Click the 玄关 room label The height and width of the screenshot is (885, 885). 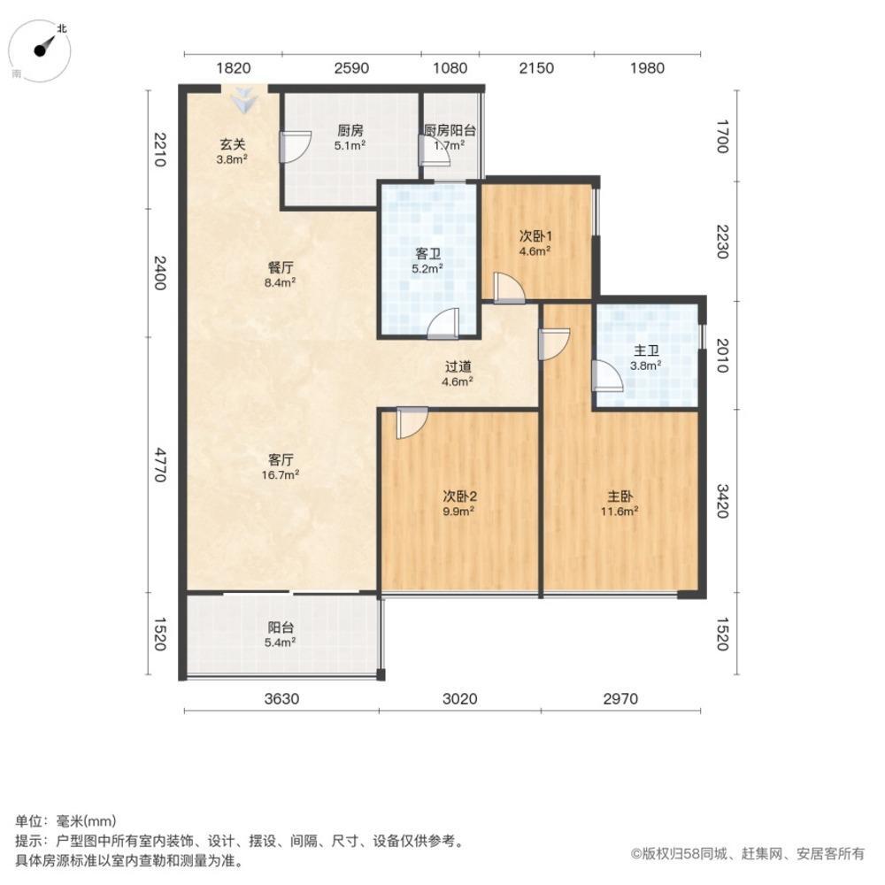[232, 144]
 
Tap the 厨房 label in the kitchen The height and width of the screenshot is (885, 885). [350, 130]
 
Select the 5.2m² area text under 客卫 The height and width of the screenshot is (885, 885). [427, 269]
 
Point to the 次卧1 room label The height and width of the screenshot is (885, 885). [535, 236]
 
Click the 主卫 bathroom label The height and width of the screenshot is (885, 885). [646, 350]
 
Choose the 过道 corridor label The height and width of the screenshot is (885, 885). [458, 367]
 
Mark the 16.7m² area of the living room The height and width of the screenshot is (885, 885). [280, 474]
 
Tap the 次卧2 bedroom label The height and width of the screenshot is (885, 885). [459, 496]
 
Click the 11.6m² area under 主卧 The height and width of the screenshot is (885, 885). [619, 512]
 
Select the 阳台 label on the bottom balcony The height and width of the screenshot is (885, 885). [281, 627]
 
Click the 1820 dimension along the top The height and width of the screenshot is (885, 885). [233, 68]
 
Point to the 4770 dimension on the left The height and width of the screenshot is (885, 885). [160, 465]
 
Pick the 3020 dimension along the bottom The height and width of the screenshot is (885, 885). [459, 699]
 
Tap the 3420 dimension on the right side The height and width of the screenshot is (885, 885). [722, 501]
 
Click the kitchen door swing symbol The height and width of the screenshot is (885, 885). [296, 147]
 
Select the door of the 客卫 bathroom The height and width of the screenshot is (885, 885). [443, 324]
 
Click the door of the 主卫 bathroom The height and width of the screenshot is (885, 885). [607, 376]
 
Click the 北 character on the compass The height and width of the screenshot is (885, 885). [62, 27]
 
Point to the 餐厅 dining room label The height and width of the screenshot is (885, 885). [281, 267]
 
